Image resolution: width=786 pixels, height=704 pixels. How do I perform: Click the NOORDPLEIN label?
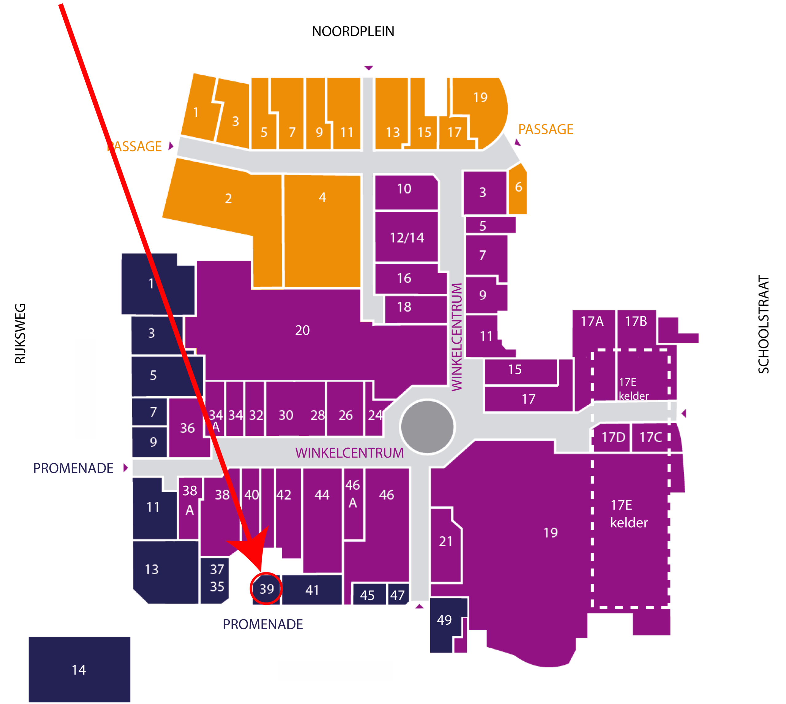[x=353, y=31]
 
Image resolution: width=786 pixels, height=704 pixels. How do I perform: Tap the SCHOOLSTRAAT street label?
[x=763, y=324]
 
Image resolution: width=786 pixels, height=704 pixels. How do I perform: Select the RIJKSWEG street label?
[x=20, y=333]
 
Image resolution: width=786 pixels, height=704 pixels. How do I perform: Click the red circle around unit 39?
[x=266, y=588]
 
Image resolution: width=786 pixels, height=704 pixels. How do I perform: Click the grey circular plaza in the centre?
[x=427, y=427]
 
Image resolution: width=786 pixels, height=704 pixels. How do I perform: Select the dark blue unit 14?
[x=79, y=670]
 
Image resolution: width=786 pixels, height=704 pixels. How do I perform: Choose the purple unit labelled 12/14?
[x=407, y=237]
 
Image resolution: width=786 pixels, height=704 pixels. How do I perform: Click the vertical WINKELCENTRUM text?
[x=457, y=337]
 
